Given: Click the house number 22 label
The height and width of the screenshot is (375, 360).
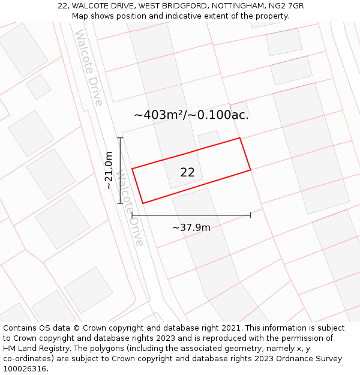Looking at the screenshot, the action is coord(187,172).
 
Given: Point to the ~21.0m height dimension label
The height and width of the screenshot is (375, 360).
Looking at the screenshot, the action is coord(109,170).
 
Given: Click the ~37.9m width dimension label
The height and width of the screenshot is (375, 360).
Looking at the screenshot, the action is coord(191,227).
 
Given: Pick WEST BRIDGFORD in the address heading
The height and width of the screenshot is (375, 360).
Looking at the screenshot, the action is coord(167,6).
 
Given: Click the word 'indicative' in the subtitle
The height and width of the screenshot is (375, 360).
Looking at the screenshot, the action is coord(181,16).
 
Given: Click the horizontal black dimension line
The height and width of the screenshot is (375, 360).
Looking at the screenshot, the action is coord(191,215).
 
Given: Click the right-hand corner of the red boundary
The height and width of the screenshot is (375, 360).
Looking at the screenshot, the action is coord(250,170).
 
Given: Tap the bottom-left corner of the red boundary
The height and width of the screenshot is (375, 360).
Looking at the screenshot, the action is coord(142,203).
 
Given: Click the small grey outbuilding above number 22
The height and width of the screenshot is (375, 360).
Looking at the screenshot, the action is coord(209,138).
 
